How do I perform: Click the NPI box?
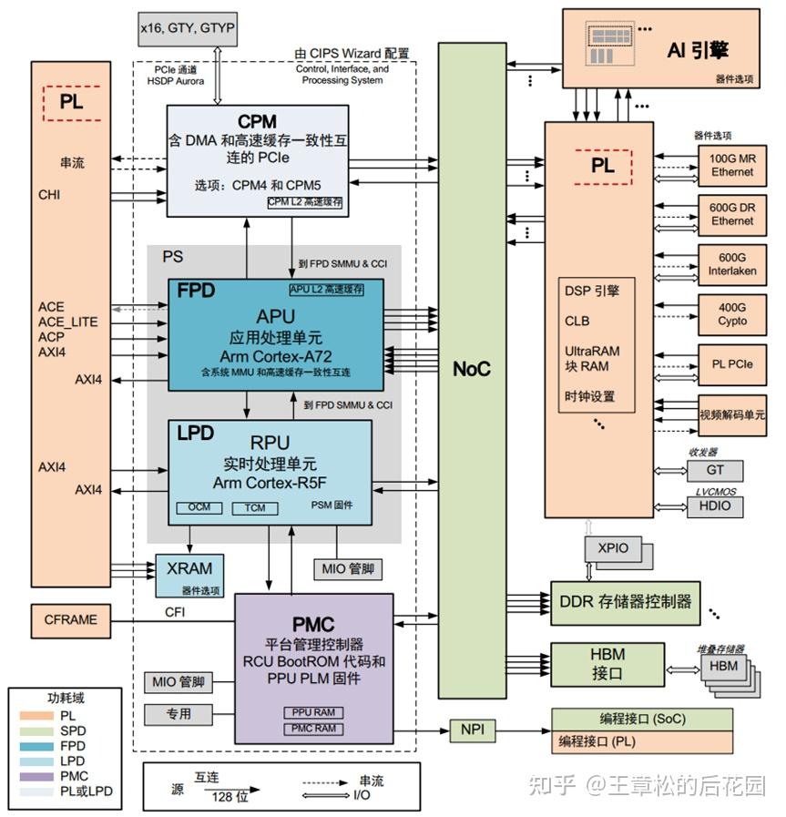coord(471,730)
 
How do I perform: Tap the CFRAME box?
coord(70,620)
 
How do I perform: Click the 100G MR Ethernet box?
coord(732,165)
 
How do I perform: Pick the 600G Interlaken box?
coord(732,264)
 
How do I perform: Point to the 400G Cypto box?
coord(732,314)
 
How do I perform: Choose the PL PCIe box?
coord(732,364)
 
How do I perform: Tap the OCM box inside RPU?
coord(199,507)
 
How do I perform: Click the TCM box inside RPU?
coord(255,507)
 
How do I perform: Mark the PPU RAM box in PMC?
coord(313,712)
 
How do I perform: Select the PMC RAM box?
coord(313,729)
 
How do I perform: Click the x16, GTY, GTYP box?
coord(187,29)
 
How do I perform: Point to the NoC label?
coord(472,369)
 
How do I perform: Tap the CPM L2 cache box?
coord(305,202)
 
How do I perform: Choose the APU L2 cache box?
coord(326,290)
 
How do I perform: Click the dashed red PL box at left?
coord(71,103)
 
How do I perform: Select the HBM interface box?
coord(607,665)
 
